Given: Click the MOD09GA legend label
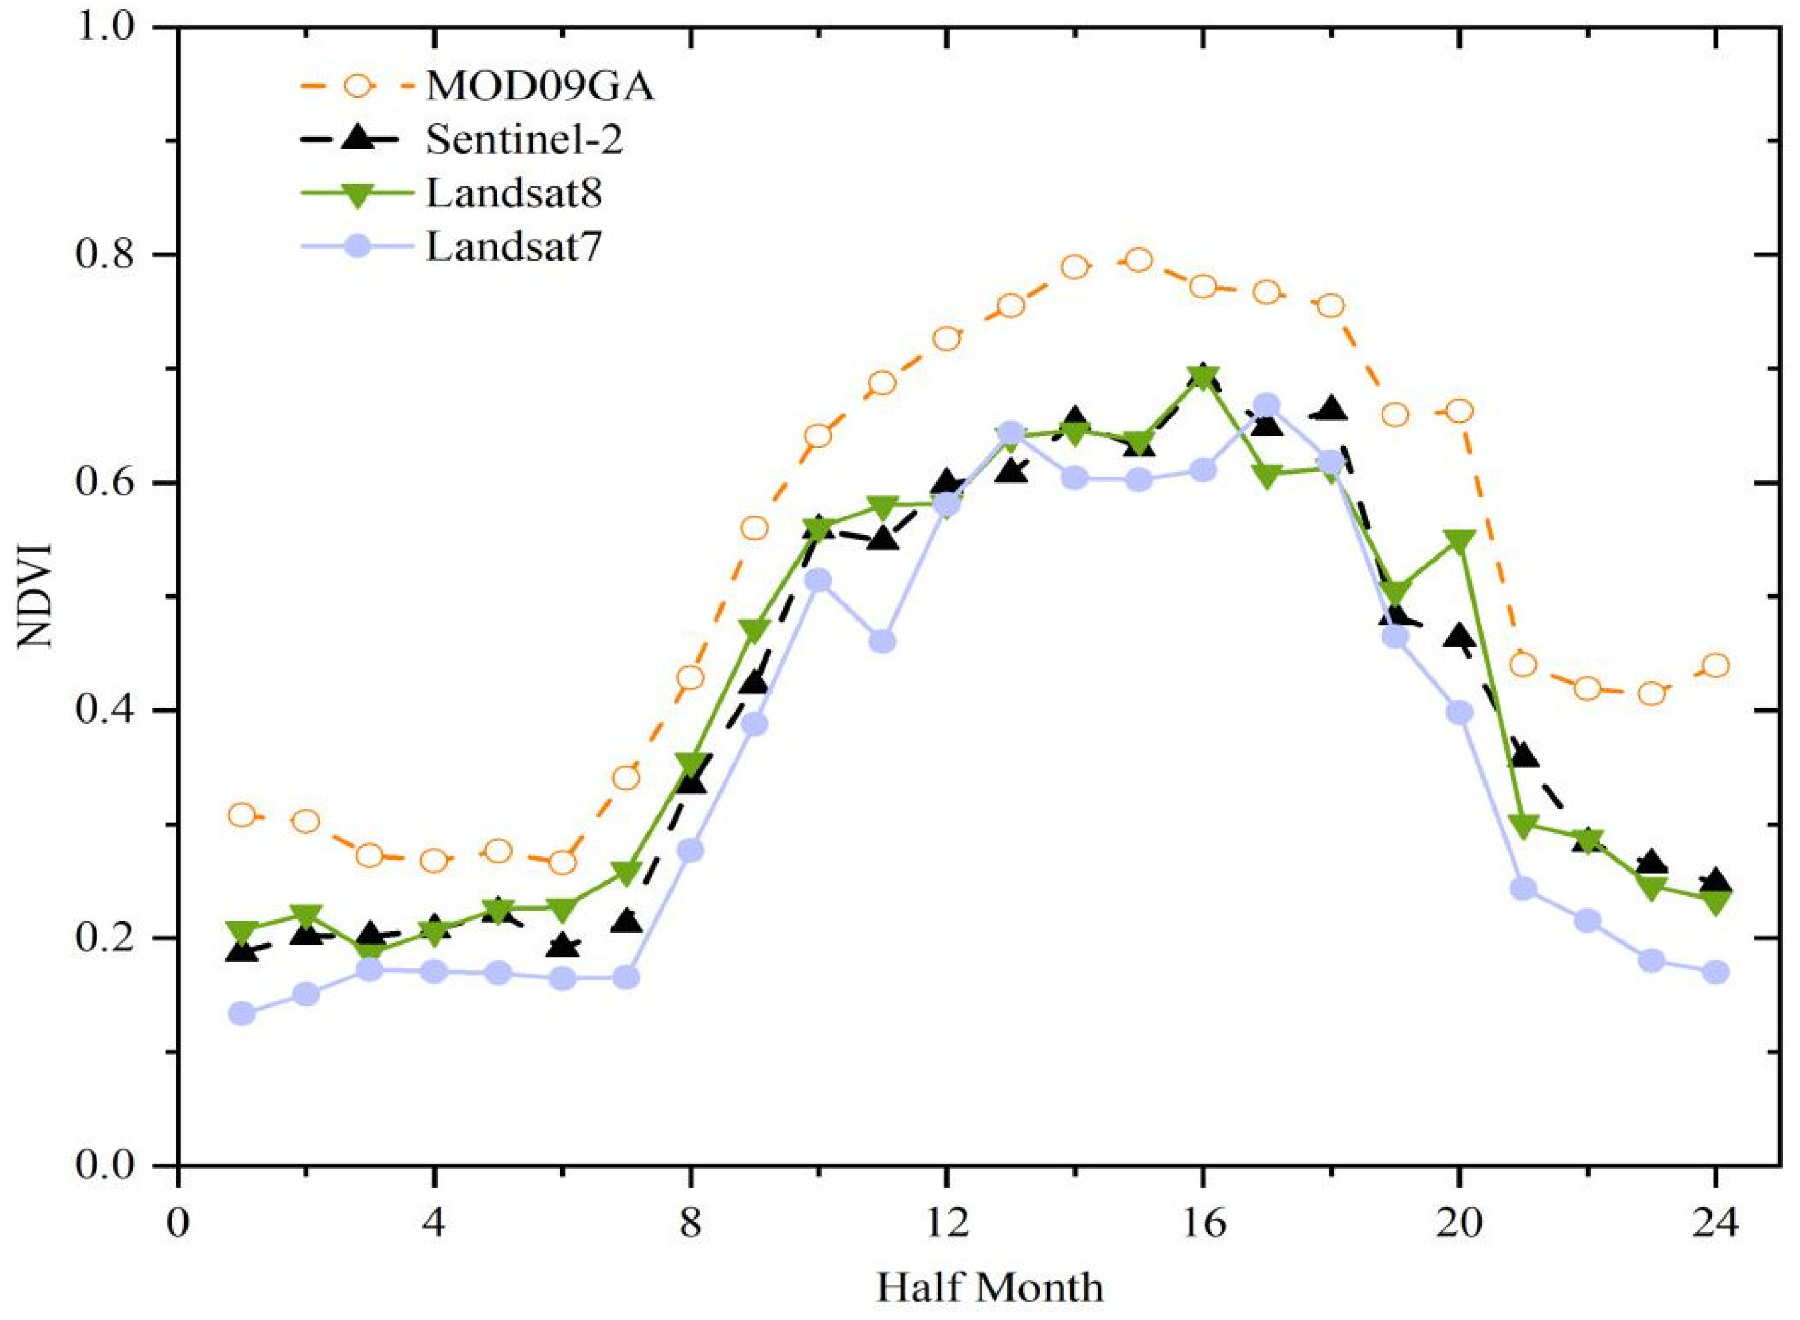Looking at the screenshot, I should pos(540,89).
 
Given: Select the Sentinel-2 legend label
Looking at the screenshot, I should pos(524,141).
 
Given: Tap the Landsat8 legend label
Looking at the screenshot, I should pos(514,194).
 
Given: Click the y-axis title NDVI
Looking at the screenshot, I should pos(35,597).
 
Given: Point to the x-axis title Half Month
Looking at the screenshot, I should pos(990,1288).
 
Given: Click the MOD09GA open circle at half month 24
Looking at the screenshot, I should pos(1715,665).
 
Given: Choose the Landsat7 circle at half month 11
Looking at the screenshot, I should pos(882,641).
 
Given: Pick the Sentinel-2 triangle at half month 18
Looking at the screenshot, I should pos(1331,409).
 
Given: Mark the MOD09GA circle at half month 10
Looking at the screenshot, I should pos(818,436).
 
